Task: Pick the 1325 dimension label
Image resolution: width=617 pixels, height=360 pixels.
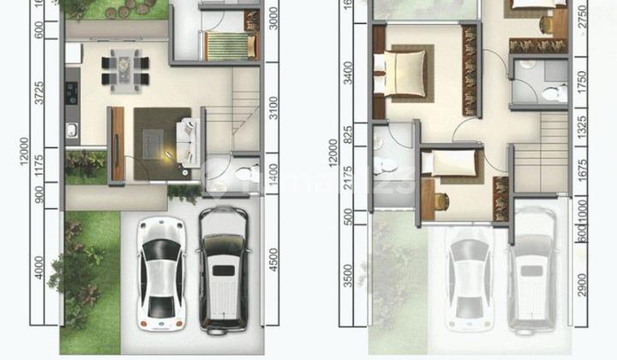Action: [x=584, y=126]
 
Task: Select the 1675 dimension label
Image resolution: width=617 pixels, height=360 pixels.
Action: [x=584, y=168]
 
